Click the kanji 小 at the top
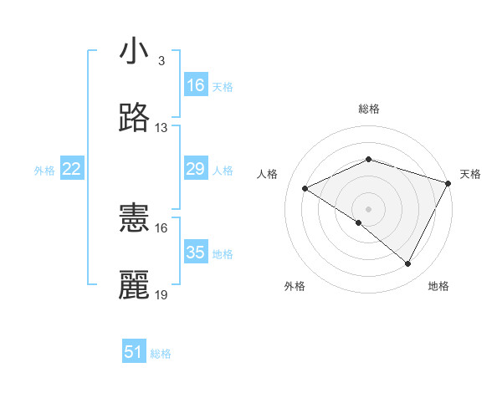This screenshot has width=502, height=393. point(135,52)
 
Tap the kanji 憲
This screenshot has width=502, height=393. point(135,218)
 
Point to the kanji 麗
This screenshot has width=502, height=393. point(135,285)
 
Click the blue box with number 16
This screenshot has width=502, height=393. point(196,85)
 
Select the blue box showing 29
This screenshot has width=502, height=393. point(196,170)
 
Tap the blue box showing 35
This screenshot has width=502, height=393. point(196,253)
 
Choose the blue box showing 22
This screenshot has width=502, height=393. point(72,170)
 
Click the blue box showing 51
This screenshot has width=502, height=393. point(134,352)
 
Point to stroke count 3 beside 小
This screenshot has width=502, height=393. point(161,61)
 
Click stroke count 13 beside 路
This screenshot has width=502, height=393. point(161,128)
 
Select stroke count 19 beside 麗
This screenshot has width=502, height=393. point(161,295)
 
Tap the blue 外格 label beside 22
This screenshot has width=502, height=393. point(44,171)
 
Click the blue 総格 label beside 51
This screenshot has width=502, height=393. point(161,354)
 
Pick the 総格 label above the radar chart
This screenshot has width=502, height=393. point(369,109)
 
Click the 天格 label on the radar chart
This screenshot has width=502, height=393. point(470,174)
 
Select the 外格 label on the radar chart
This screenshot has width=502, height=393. point(295,286)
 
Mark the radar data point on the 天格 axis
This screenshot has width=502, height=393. point(448,183)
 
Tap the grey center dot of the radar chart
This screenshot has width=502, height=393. point(369,208)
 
